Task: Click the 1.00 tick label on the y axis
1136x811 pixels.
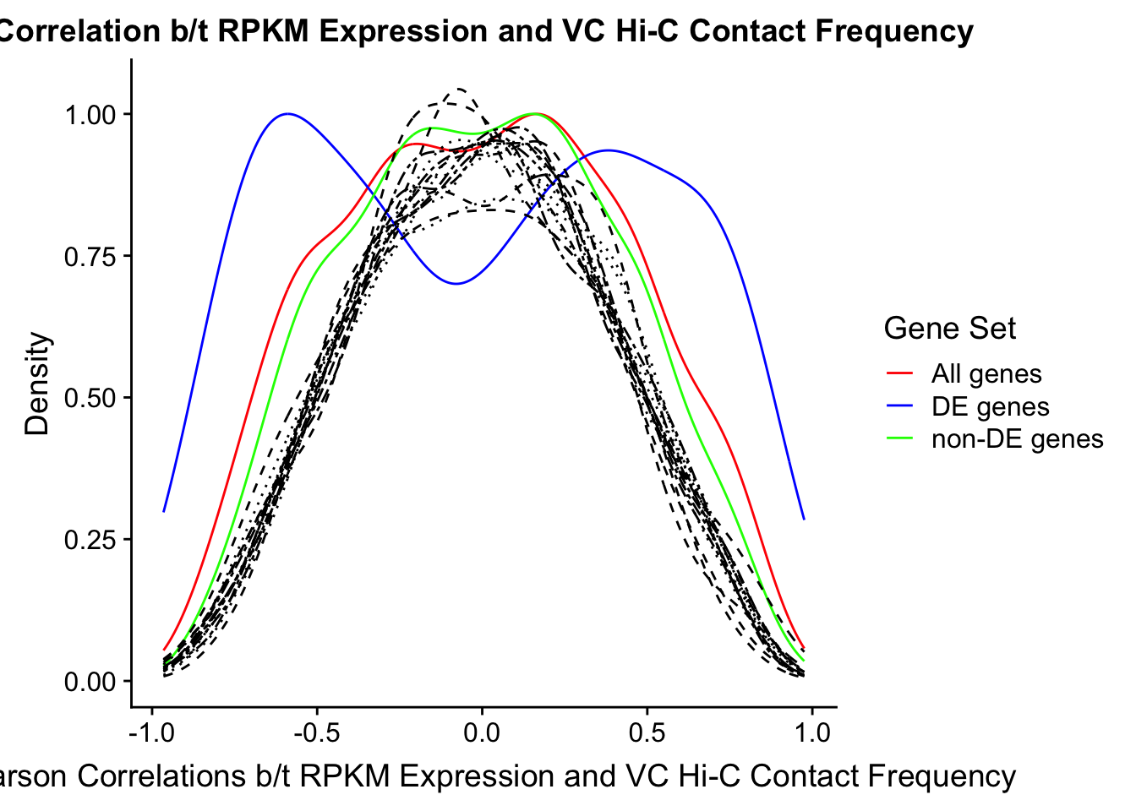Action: click(x=91, y=114)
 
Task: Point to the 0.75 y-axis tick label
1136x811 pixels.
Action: click(x=91, y=256)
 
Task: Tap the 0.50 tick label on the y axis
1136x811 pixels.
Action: click(x=91, y=398)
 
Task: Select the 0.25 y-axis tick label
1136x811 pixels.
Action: click(x=91, y=540)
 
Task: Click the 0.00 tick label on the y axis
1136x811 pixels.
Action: click(x=91, y=682)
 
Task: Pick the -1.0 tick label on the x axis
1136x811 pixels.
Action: click(x=152, y=732)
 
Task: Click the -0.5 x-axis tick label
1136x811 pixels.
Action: click(x=317, y=732)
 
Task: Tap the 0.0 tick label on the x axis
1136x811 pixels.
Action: click(x=482, y=732)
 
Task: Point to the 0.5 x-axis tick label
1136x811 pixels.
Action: click(x=647, y=732)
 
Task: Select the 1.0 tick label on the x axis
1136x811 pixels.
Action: click(x=812, y=732)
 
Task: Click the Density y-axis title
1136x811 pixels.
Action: click(x=38, y=384)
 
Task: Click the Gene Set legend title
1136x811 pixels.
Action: click(x=949, y=329)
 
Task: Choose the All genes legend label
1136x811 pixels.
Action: click(x=986, y=373)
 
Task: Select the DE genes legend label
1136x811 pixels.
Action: click(x=990, y=406)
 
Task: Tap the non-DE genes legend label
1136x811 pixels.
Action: click(x=1017, y=439)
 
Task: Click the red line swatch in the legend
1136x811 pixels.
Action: click(x=900, y=373)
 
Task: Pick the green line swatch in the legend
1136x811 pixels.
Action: click(x=900, y=439)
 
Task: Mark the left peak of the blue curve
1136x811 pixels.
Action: click(x=288, y=113)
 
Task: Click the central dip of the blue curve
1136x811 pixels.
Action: click(x=456, y=283)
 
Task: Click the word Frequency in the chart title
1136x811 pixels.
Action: click(x=903, y=32)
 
